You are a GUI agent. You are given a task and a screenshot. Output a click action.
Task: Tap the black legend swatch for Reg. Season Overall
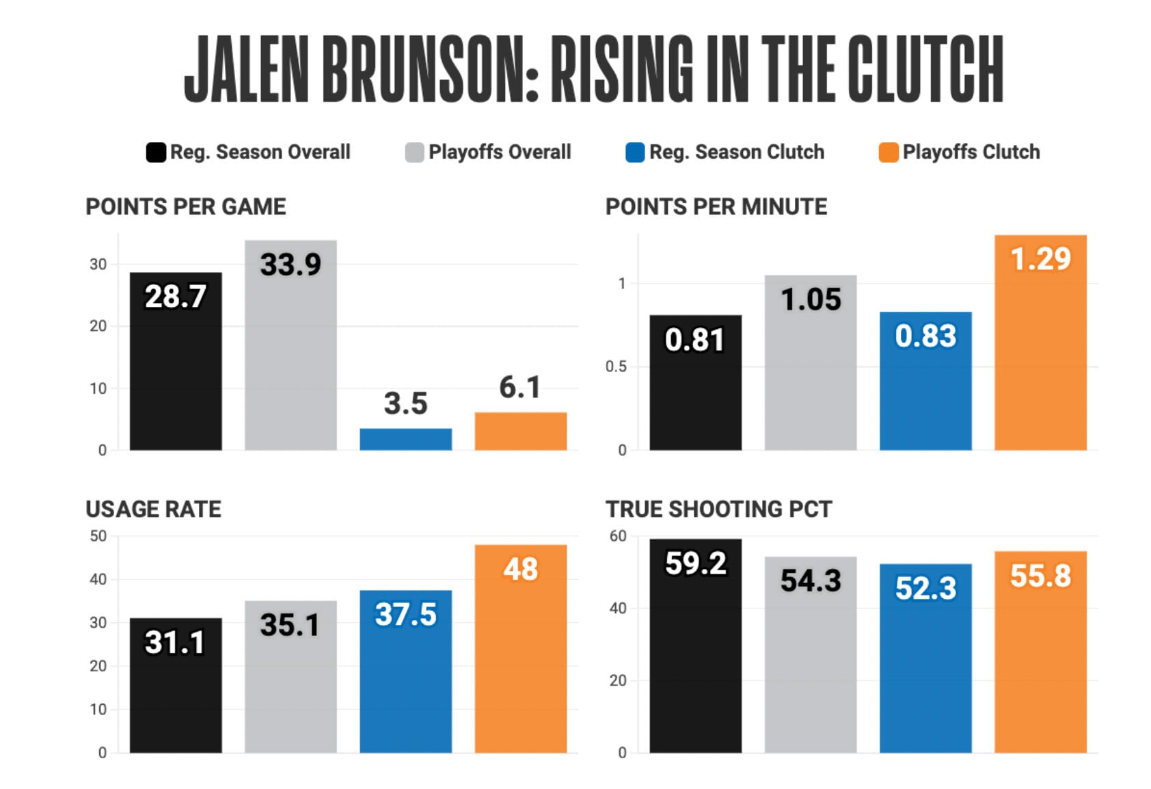pos(156,152)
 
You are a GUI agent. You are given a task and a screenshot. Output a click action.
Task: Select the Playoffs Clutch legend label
pos(971,152)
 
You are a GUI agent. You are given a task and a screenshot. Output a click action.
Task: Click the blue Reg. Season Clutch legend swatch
pos(635,152)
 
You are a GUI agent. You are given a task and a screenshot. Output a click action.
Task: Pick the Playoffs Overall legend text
pos(499,152)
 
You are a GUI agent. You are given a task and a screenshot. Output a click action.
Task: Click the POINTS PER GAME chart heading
pos(185,206)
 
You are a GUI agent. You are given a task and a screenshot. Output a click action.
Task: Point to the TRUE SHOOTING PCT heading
pos(718,509)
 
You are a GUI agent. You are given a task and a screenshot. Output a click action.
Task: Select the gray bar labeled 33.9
pos(290,356)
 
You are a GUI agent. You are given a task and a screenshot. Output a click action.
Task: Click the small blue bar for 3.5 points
pos(405,439)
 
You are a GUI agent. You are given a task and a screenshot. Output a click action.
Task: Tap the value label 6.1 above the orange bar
pos(519,388)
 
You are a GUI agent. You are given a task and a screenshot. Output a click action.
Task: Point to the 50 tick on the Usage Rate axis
pos(98,536)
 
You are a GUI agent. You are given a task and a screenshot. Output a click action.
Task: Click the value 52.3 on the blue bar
pos(925,588)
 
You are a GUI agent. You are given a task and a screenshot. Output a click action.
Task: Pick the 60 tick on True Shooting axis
pos(618,536)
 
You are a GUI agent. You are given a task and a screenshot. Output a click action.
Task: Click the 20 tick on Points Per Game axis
pos(98,326)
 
